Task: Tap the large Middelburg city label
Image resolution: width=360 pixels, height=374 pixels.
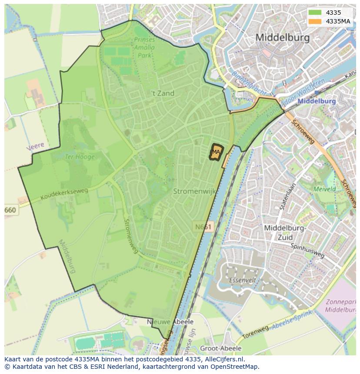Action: [283, 37]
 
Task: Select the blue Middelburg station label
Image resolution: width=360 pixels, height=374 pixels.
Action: [317, 101]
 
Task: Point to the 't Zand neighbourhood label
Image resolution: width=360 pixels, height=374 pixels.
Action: [163, 93]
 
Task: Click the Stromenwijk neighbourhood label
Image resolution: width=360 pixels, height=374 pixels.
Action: [194, 191]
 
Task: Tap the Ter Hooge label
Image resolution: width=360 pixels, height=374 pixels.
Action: [80, 157]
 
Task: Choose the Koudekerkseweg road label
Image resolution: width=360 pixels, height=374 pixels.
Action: [64, 194]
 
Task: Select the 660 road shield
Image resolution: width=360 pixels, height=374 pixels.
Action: [10, 210]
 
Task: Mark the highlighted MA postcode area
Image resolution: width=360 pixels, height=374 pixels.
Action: [216, 152]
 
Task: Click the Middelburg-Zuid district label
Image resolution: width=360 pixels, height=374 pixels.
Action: [285, 232]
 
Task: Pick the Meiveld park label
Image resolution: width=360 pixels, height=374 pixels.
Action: [324, 189]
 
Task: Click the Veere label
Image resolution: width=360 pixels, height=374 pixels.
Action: [35, 146]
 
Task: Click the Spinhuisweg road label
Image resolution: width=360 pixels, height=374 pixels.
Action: [307, 251]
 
